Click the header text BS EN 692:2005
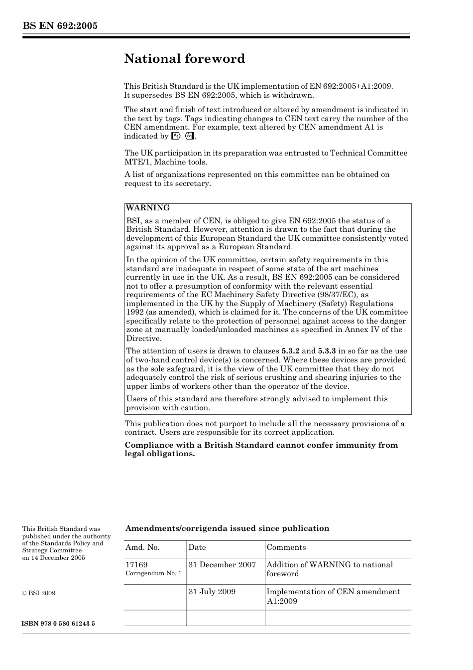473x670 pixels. click(60, 26)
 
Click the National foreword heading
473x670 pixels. click(185, 59)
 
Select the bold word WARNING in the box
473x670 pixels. click(148, 208)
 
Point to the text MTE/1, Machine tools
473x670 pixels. click(166, 162)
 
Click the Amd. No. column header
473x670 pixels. click(142, 547)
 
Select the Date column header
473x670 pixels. click(197, 547)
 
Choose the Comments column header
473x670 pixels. click(286, 547)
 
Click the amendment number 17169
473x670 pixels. click(136, 565)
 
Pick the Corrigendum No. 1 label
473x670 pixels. click(153, 574)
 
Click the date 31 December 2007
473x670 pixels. click(222, 565)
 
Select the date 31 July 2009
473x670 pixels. click(212, 592)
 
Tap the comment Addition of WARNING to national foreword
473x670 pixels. click(330, 569)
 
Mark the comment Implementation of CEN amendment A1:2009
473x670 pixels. click(333, 596)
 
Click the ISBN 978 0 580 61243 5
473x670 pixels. click(59, 624)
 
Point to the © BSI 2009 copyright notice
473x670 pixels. click(39, 593)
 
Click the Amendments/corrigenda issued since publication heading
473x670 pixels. click(227, 528)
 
